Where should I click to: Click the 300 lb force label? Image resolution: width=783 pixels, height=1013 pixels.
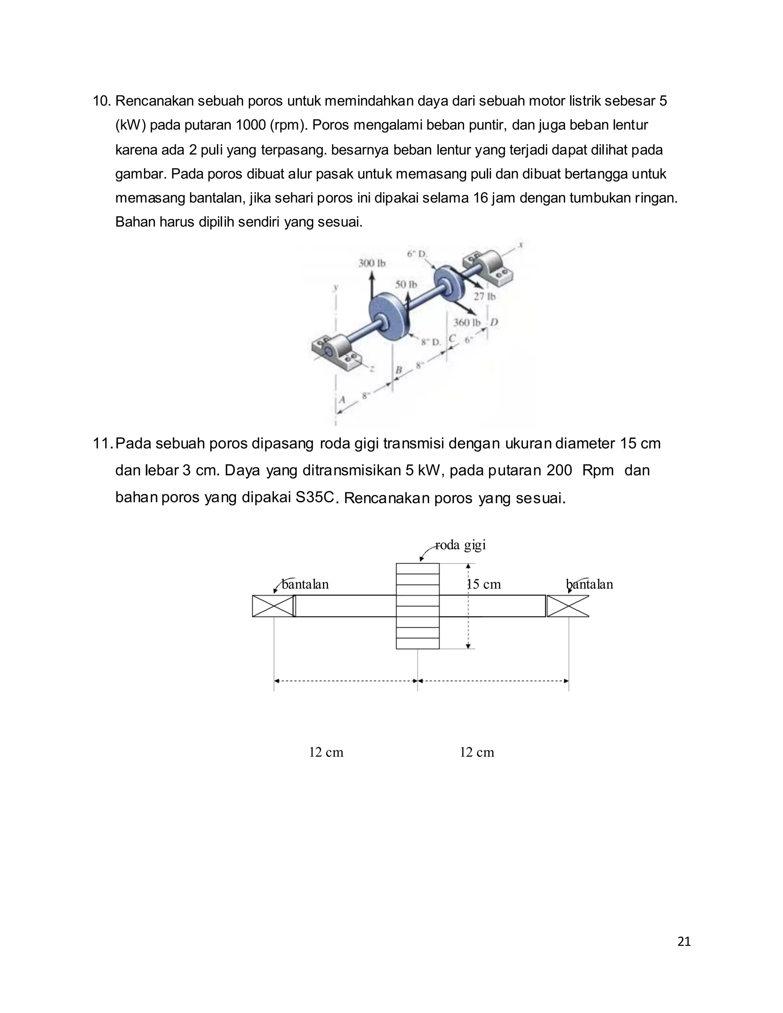(372, 263)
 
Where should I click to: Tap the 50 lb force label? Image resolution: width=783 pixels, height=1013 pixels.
(406, 284)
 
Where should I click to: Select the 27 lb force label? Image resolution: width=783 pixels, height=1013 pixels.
(484, 296)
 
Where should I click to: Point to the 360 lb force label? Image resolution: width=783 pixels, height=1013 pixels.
(467, 322)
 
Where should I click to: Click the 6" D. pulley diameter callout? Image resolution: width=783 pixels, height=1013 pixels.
(417, 254)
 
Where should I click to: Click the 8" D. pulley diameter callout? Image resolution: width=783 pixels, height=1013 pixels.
(430, 342)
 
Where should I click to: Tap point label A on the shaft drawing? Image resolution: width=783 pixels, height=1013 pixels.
(342, 400)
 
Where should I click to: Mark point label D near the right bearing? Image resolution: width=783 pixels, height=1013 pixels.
(494, 322)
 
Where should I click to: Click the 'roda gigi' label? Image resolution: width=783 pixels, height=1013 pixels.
(460, 544)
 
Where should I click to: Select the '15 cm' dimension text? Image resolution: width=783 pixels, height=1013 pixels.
(484, 584)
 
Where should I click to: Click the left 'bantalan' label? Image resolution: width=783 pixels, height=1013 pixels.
(305, 584)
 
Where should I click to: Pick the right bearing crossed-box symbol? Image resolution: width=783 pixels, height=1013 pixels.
(568, 606)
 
